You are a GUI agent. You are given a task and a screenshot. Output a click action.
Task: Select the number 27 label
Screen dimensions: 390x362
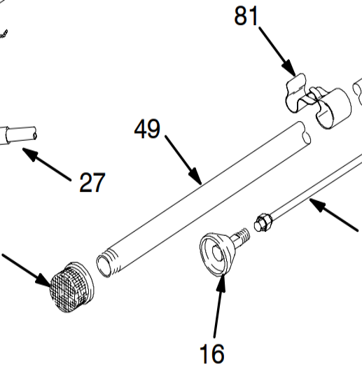click(x=92, y=183)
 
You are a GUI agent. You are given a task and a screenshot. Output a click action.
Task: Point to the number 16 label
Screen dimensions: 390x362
click(x=211, y=354)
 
